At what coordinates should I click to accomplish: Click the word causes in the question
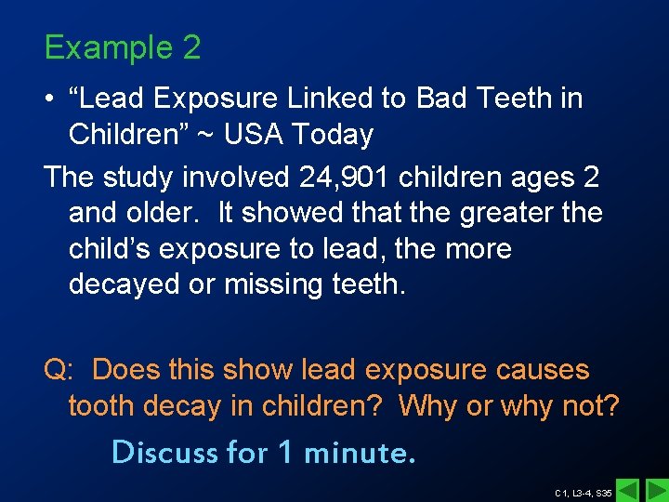pos(537,369)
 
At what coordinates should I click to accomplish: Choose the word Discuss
pos(164,452)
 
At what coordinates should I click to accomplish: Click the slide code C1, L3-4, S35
pos(583,492)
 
